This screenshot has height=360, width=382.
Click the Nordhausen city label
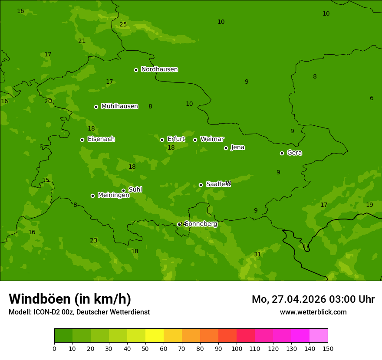159,69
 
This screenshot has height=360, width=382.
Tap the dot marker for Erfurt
162,140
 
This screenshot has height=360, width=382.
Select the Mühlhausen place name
119,106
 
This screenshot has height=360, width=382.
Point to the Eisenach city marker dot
82,140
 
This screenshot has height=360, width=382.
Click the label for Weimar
212,139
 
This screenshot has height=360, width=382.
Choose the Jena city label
237,147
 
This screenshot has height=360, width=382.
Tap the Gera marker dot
282,153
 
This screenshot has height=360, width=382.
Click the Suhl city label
135,190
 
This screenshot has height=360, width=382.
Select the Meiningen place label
113,195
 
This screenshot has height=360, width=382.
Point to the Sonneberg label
201,224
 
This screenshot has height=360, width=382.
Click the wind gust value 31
257,255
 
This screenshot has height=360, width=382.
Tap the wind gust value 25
123,25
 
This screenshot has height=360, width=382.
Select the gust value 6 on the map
372,98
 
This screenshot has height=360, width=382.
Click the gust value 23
94,241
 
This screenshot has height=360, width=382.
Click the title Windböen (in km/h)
70,299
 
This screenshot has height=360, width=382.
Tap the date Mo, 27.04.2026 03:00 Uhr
313,299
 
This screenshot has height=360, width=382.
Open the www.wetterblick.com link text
313,312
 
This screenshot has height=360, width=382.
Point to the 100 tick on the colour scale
237,348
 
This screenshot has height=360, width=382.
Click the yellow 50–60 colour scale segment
155,336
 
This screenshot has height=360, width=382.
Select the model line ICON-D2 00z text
79,312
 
